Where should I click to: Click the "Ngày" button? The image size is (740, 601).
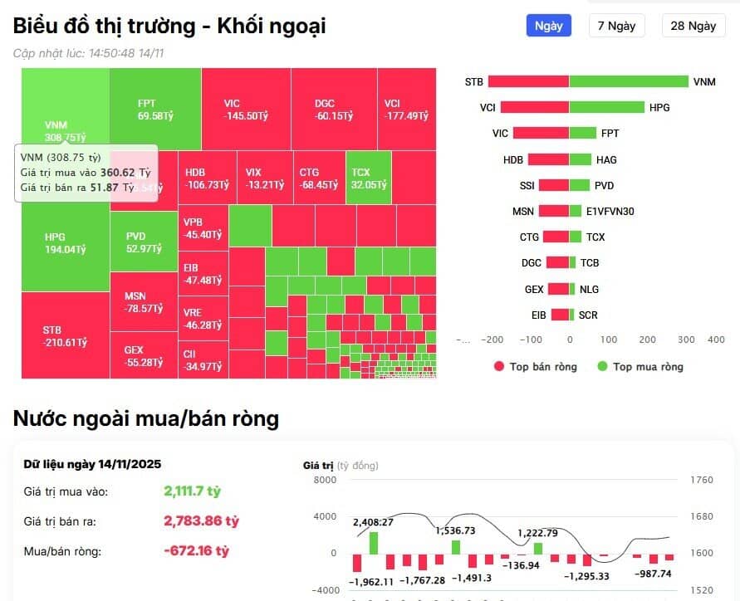pos(548,26)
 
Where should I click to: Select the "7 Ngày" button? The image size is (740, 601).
pos(617,26)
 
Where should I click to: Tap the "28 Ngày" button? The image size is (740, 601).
pos(693,26)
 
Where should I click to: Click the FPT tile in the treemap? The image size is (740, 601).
pos(154,109)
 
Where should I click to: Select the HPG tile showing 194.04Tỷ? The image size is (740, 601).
pos(65,242)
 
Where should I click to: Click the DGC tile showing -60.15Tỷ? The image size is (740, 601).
pos(333,109)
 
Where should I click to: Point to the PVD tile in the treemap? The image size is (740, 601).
pos(143,242)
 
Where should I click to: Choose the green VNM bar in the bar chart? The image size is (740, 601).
pos(629,81)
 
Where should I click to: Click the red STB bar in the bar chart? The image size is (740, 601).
pos(528,81)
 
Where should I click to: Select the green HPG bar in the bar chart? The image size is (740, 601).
pos(606,107)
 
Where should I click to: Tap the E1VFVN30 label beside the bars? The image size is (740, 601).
pos(610,212)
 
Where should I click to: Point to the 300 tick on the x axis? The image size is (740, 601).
pos(686,340)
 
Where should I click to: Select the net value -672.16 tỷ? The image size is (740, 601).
pos(196,550)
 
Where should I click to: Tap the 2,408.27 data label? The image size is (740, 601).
pos(373,522)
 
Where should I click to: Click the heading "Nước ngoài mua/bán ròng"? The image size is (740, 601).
pos(145,418)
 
